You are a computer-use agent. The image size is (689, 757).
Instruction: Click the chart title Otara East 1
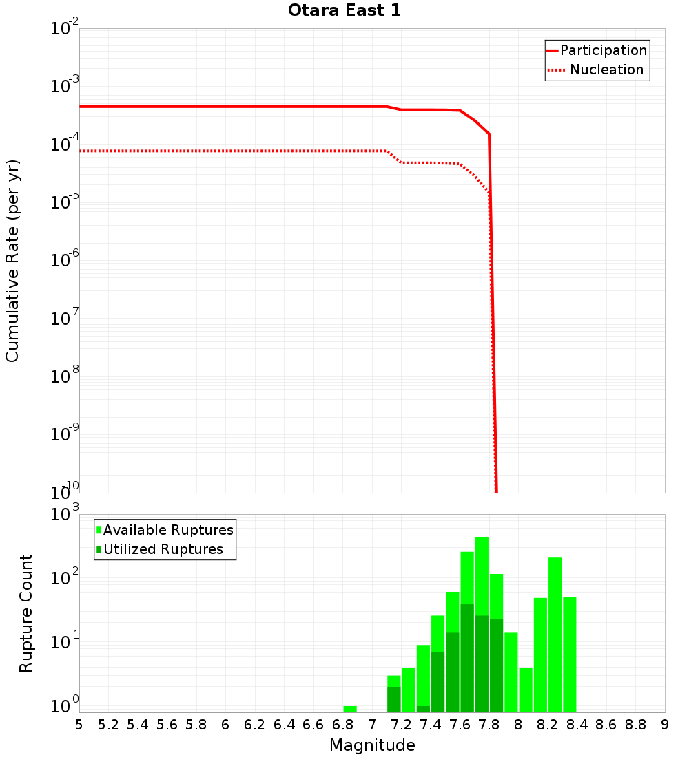[344, 11]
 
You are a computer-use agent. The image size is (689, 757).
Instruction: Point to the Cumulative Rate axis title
[12, 261]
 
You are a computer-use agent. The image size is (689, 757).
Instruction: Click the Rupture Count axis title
[26, 613]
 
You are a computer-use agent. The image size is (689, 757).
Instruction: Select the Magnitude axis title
[372, 745]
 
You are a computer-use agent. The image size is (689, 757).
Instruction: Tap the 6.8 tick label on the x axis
[342, 725]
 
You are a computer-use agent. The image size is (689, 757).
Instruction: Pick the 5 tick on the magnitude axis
[79, 725]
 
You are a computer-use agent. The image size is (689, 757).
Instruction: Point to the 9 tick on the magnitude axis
[665, 725]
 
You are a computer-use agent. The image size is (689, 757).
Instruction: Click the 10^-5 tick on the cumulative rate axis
[64, 203]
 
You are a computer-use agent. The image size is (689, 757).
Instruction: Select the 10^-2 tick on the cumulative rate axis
[64, 29]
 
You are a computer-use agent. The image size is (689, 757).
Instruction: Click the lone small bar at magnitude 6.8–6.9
[350, 709]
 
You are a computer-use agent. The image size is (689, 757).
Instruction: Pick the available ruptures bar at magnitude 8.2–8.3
[555, 633]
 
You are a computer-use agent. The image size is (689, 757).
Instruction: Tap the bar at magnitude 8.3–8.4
[570, 654]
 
